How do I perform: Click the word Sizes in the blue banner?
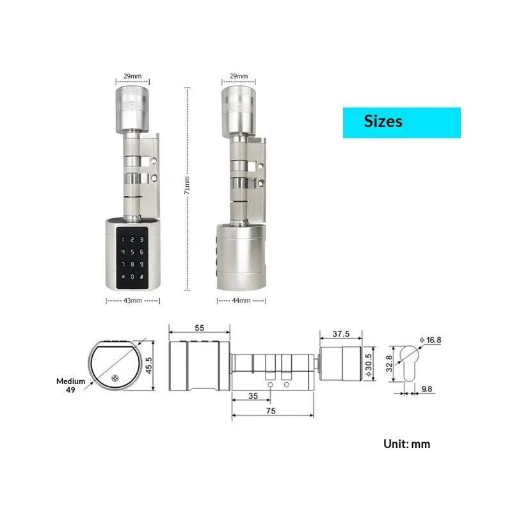(x=383, y=121)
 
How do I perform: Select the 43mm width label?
(x=132, y=300)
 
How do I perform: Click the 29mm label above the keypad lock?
(x=132, y=76)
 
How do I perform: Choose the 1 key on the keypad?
(x=119, y=236)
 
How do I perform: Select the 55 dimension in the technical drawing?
(x=198, y=327)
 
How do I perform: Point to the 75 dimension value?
(x=273, y=412)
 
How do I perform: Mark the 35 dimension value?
(x=253, y=396)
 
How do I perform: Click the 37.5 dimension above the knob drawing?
(x=341, y=333)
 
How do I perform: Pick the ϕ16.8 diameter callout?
(x=430, y=339)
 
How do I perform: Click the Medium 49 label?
(x=70, y=386)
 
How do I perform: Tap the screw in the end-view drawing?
(x=115, y=378)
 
